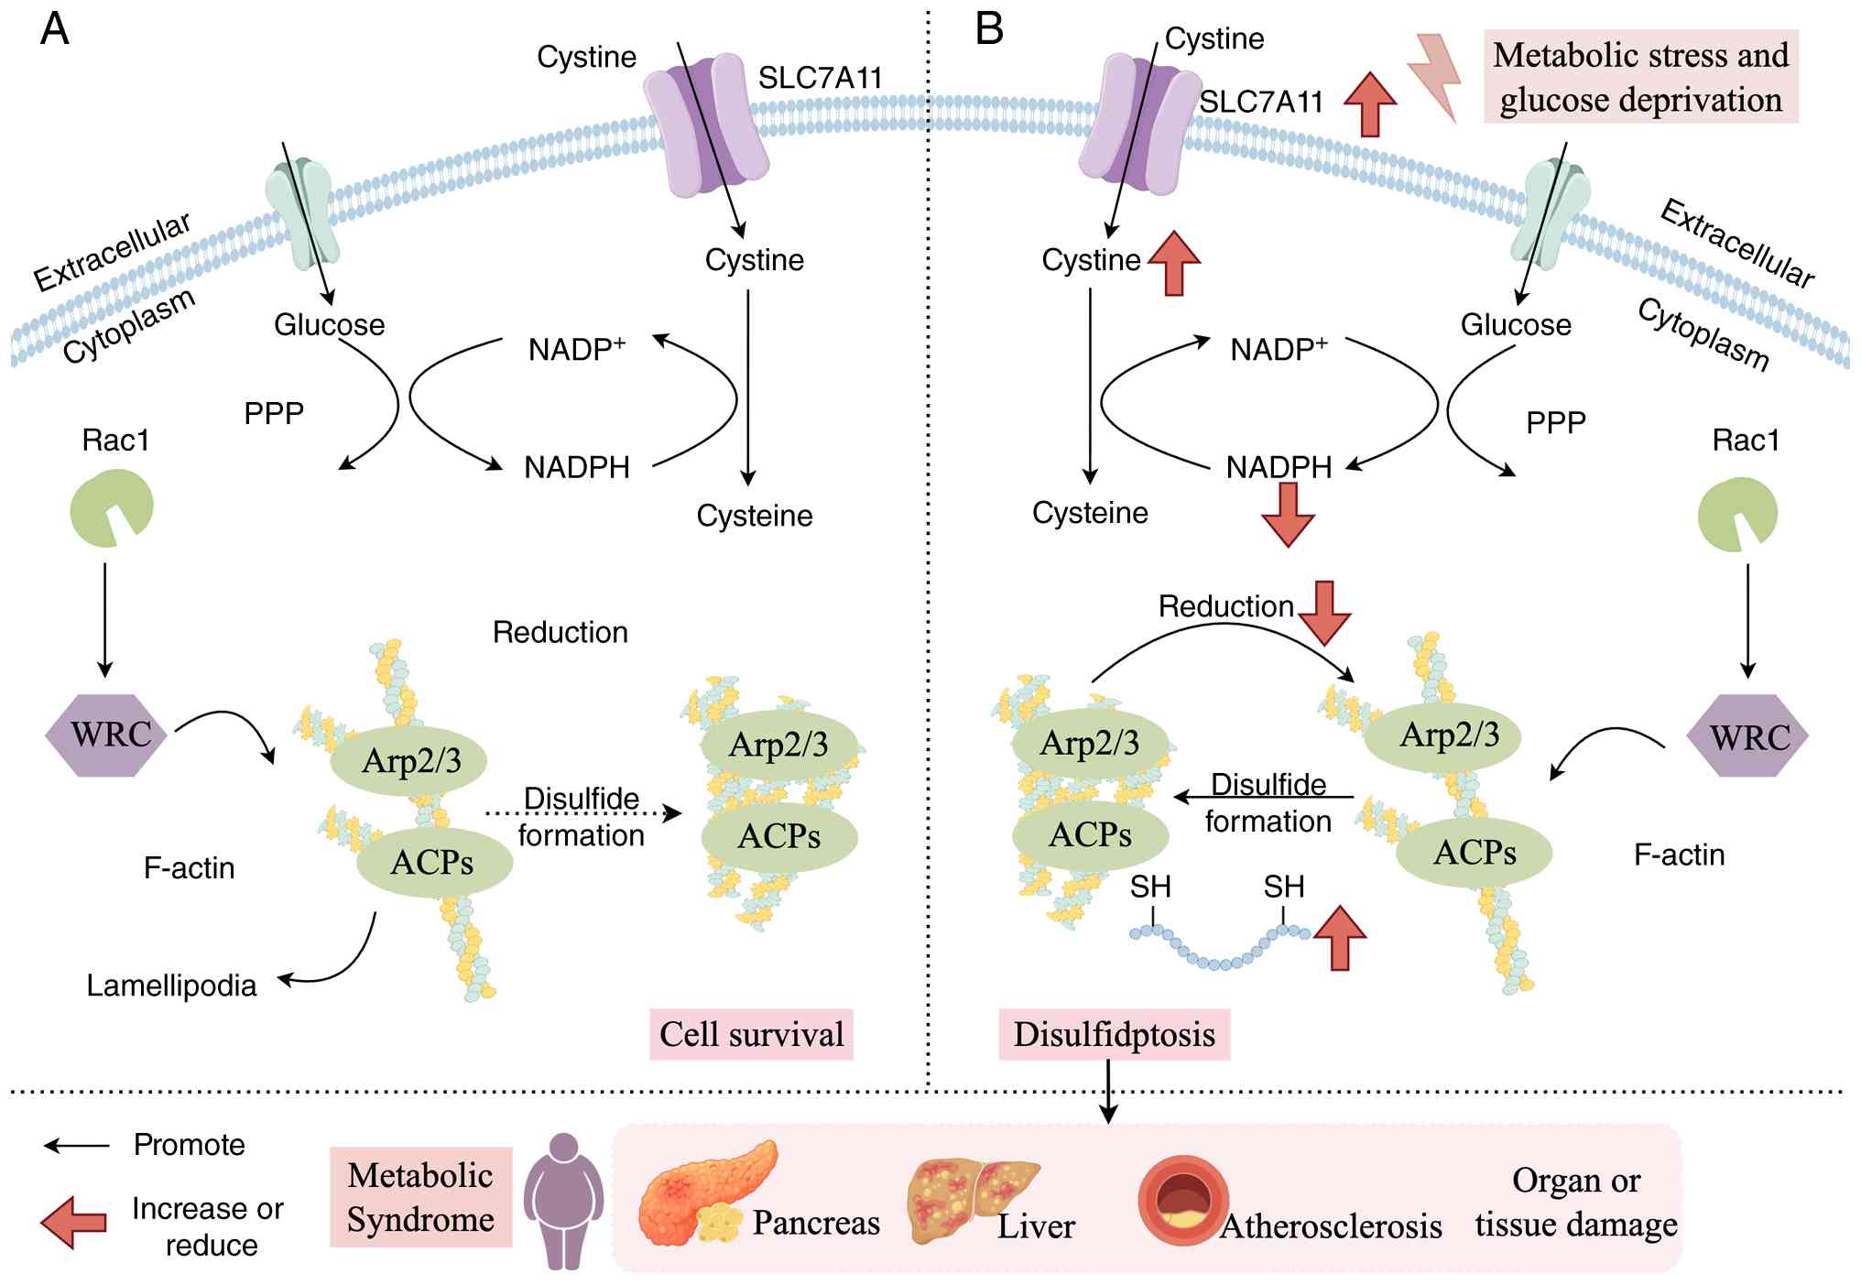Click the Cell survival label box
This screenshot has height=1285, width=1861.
(751, 1034)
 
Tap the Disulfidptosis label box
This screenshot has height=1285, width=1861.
(1114, 1034)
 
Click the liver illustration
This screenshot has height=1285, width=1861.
(973, 1200)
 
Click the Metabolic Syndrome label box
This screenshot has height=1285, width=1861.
(420, 1197)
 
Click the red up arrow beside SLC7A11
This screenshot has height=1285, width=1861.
(1370, 104)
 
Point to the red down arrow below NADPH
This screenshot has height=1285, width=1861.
(1288, 515)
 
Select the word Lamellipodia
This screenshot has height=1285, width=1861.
(171, 986)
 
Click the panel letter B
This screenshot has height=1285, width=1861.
(989, 28)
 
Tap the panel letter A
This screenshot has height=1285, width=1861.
(55, 28)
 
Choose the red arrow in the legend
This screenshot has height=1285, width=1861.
(74, 1222)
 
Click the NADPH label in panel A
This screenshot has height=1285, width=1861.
(577, 468)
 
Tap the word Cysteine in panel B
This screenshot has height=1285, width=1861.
(1090, 513)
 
